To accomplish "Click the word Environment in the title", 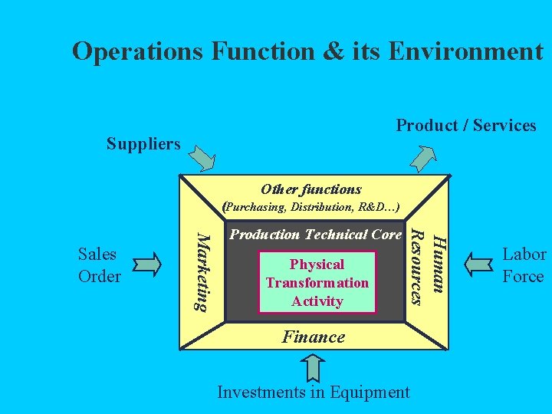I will pos(465,51).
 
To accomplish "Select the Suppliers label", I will pos(143,143).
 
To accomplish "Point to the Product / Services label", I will pos(466,125).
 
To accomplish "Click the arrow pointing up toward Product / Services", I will pos(422,156).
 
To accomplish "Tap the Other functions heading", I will pos(310,189).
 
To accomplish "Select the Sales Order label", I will pos(98,264).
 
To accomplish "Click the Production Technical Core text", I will pos(316,234).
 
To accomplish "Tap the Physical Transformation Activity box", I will pos(317,282).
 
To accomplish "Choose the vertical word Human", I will pos(438,263).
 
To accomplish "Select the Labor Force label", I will pos(524,264).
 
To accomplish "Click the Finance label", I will pos(313,336).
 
